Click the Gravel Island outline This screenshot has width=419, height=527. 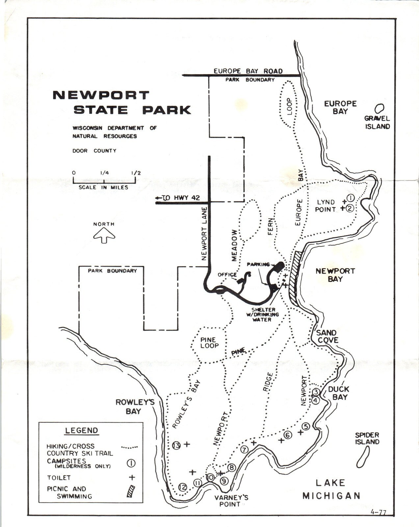point(380,108)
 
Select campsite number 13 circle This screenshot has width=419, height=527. point(176,445)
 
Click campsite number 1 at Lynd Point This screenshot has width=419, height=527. point(350,198)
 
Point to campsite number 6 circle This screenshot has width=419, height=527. point(288,435)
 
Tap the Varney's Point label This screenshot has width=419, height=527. point(231,501)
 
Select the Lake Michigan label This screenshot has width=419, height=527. point(331,489)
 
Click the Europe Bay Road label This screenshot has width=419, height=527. point(248,71)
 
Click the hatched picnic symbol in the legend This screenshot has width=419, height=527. point(131,491)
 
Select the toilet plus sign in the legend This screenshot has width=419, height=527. point(132,477)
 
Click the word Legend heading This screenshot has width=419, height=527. point(81,430)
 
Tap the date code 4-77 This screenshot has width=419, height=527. point(378,512)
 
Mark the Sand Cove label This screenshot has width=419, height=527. point(327,336)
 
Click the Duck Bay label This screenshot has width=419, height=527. point(338,393)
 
